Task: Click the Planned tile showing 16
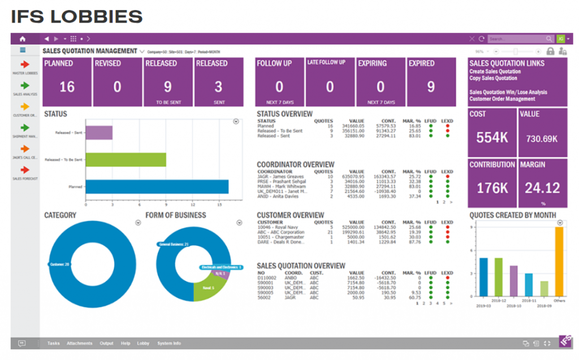(67, 82)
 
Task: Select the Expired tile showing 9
(431, 82)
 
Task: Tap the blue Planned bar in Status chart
(157, 187)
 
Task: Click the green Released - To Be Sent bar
(126, 160)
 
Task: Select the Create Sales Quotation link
(495, 72)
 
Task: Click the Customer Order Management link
(502, 99)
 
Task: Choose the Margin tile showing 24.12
(542, 183)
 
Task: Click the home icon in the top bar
(23, 39)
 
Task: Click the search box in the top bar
(517, 39)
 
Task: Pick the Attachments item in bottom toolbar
(79, 343)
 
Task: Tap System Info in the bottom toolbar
(169, 343)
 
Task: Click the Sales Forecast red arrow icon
(25, 170)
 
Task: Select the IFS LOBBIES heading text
(76, 16)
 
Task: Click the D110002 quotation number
(267, 277)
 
